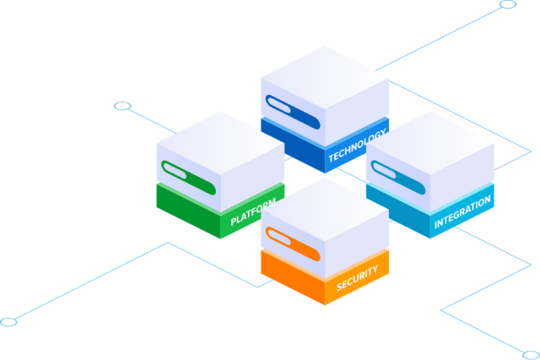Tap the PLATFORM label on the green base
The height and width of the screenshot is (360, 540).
253,213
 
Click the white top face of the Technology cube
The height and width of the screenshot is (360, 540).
324,78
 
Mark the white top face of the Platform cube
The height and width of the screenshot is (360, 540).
220,142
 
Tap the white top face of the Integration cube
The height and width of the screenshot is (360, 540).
429,142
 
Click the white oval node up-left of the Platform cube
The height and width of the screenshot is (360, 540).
123,106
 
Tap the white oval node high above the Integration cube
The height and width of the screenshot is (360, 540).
509,4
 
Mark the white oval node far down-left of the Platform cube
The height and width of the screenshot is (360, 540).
9,322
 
